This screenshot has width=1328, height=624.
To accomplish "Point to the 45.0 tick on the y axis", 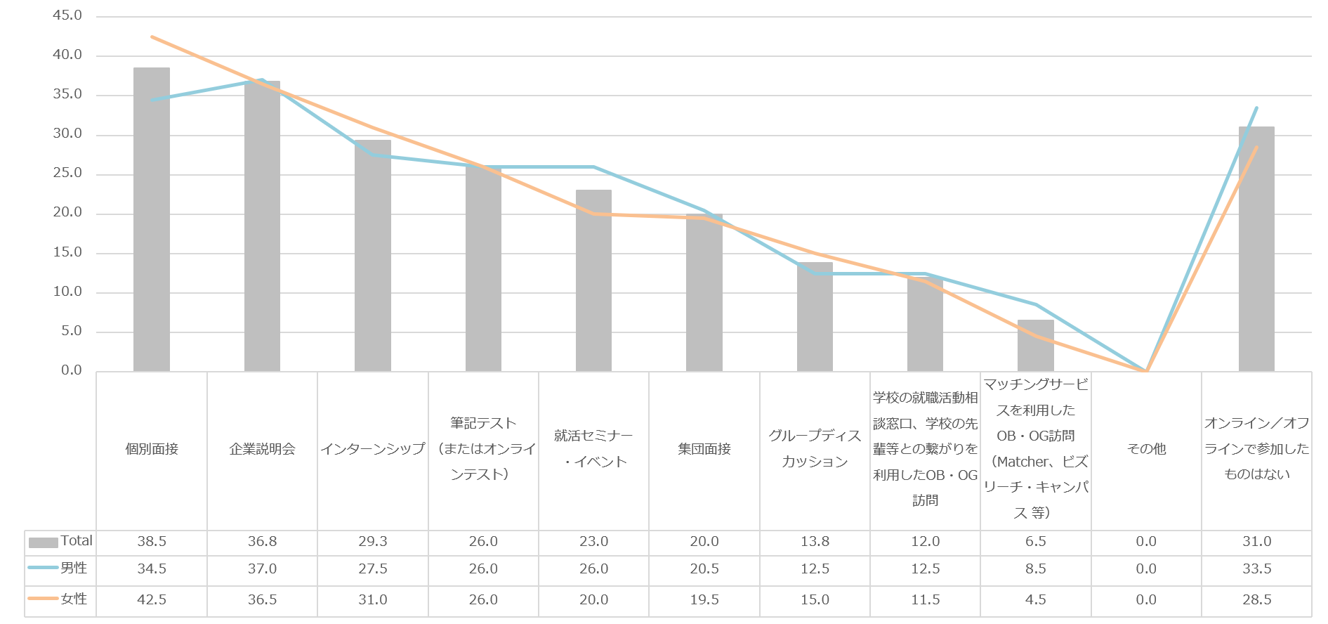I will pos(67,15).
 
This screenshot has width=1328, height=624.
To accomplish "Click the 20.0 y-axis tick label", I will pos(67,212).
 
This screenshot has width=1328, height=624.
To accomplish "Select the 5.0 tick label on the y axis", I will pos(71,331).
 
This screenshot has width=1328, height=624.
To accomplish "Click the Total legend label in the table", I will pos(76,541).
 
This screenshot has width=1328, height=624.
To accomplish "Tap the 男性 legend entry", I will pos(74,568).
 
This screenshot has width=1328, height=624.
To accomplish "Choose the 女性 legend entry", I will pos(74,599).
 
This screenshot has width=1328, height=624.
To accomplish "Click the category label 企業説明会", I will pos(262,449).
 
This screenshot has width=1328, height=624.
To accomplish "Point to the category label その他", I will pos(1146,449).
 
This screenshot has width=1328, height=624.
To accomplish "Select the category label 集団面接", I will pos(704,449).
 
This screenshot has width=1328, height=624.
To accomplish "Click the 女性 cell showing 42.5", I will pos(152,600).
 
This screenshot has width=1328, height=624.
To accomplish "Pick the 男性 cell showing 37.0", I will pos(262,569).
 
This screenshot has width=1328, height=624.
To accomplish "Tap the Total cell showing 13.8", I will pos(815,542).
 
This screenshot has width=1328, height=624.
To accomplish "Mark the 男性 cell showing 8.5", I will pos(1036,569).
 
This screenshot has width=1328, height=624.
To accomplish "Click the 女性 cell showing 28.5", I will pos(1256,600).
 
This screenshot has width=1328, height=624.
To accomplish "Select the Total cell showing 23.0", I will pos(593,542).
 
